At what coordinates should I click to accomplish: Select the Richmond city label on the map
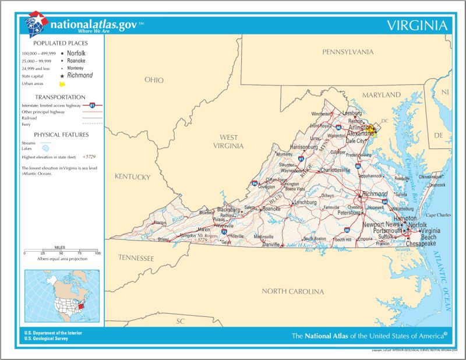(x=375, y=194)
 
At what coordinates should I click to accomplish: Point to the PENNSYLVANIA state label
(x=348, y=52)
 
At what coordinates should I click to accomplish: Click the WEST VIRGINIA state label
(x=228, y=142)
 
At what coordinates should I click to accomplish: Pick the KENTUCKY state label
(x=132, y=177)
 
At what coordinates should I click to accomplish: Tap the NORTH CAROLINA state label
(x=292, y=291)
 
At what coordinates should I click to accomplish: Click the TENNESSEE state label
(x=136, y=257)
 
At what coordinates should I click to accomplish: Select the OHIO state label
(x=154, y=80)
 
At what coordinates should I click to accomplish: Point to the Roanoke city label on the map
(x=271, y=209)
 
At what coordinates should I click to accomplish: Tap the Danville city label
(x=270, y=245)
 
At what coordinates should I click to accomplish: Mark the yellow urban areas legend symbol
(x=62, y=84)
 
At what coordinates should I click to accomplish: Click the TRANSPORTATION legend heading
(x=60, y=97)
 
